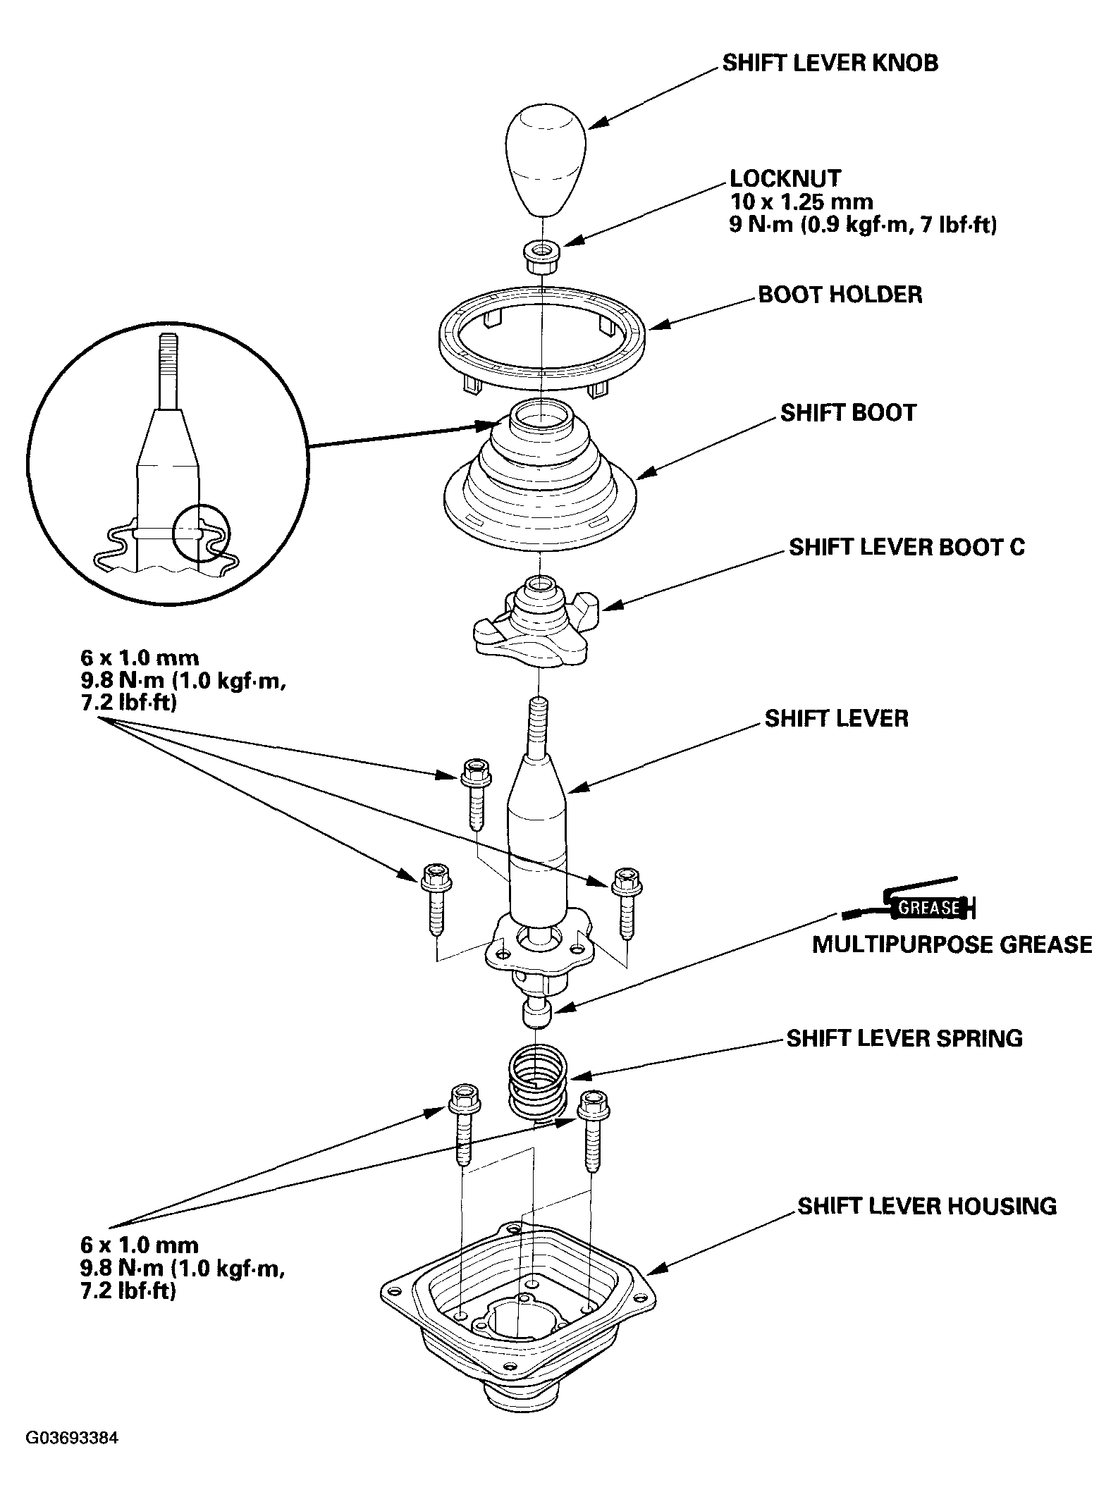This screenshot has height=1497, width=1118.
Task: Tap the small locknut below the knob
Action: (541, 258)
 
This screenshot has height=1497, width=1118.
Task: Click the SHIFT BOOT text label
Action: (848, 412)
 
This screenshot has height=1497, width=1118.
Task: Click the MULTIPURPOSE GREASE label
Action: (952, 944)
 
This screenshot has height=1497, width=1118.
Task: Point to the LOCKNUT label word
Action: (785, 178)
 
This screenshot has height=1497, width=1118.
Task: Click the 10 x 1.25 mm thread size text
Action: (801, 202)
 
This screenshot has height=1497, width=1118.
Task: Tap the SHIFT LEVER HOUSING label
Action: (927, 1206)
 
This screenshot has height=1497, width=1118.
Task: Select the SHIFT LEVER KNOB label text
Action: (830, 63)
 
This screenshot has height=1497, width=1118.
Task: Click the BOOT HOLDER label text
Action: (840, 294)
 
